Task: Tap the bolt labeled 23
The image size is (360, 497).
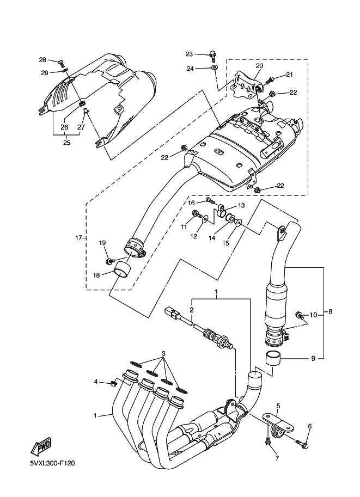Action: pos(213,54)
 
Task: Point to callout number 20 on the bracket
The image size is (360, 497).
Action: pos(259,66)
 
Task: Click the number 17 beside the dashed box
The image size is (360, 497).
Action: pos(78,238)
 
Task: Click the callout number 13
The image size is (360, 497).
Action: pos(242,205)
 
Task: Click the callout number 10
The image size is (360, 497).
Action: pos(313,315)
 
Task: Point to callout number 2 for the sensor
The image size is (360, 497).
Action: pos(191,310)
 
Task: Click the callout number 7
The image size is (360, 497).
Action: pos(276,458)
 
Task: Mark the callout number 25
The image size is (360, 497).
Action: pos(66,143)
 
